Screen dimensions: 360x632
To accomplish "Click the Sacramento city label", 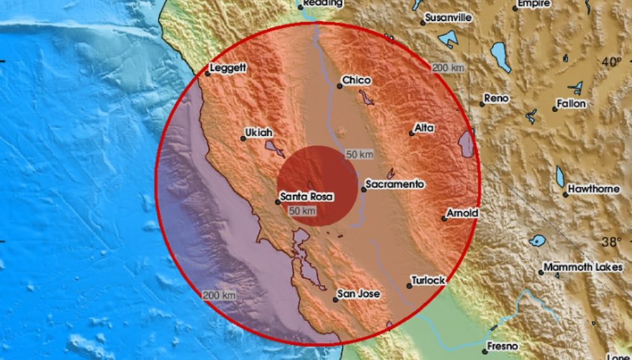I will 394,184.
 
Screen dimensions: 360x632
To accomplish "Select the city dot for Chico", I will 339,86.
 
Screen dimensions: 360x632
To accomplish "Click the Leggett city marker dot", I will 207,74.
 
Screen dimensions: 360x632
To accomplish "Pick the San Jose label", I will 359,294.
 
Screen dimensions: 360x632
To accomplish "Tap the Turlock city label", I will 428,280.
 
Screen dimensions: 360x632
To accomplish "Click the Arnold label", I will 462,213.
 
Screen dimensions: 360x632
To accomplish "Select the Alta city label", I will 423,128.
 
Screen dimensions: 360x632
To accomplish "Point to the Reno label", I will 496,99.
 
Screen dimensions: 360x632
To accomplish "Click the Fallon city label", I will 571,104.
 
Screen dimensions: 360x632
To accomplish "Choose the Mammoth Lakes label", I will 580,267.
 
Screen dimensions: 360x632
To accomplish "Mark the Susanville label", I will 448,18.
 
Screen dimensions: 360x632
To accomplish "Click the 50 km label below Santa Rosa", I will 301,211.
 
